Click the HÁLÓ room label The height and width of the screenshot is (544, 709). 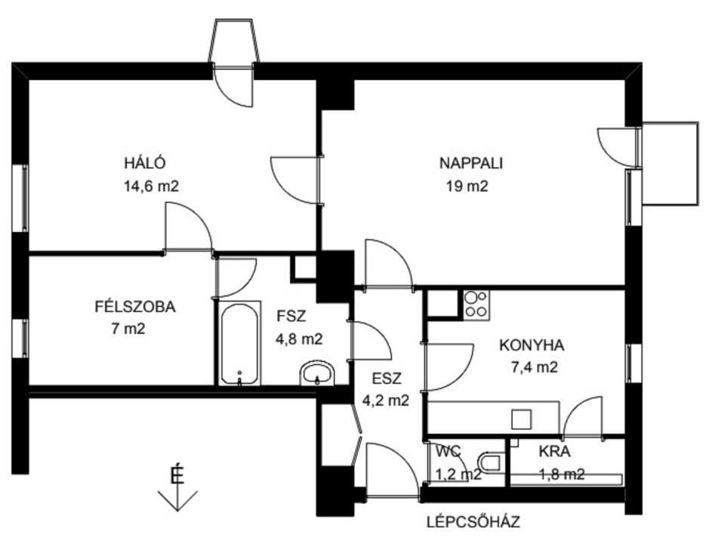tap(145, 163)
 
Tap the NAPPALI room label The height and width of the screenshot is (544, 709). tap(471, 163)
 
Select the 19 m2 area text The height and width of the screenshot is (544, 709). tap(467, 186)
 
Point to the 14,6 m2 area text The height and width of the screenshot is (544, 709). tap(152, 186)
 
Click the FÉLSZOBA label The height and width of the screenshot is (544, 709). tap(134, 307)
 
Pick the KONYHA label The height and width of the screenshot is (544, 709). tap(532, 345)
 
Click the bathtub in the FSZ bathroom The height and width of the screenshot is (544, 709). tap(239, 344)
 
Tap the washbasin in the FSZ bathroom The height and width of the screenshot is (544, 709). tap(317, 374)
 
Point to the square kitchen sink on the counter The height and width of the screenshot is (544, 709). tap(522, 419)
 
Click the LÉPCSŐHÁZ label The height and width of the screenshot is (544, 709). tap(473, 522)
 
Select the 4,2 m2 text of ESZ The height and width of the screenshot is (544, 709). tap(386, 400)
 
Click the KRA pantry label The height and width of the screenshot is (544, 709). tap(554, 452)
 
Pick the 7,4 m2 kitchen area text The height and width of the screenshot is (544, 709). tap(534, 367)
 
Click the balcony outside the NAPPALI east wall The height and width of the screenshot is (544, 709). tap(670, 163)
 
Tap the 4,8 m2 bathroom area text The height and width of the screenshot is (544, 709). tap(299, 338)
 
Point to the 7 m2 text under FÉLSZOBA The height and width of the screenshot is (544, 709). tap(128, 329)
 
